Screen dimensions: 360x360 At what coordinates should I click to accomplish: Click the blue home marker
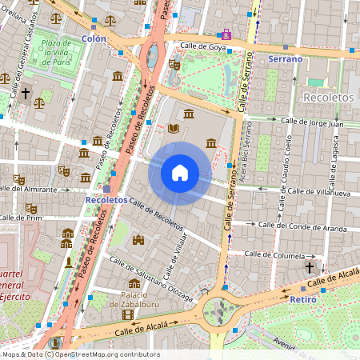180,173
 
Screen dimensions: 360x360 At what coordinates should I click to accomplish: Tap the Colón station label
94,38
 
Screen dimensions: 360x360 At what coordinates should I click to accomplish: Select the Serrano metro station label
285,59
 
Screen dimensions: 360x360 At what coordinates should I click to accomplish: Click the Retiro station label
303,299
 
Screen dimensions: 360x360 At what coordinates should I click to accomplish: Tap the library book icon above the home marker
173,128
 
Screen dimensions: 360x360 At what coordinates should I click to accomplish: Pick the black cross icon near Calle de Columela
310,266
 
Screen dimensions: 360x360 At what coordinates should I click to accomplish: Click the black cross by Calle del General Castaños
26,94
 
